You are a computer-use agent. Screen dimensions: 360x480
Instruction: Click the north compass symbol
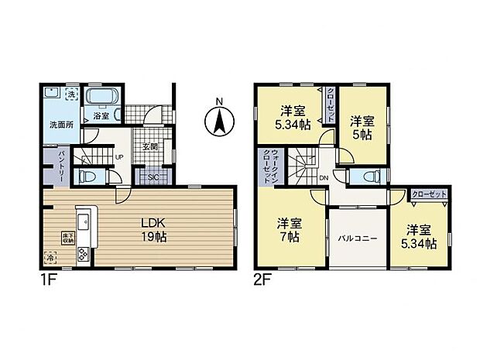(219, 120)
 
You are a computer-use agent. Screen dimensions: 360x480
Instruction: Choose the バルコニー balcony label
(357, 238)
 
